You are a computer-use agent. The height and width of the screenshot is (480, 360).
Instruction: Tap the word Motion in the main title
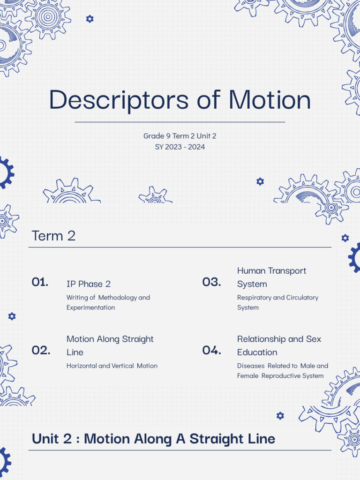[270, 100]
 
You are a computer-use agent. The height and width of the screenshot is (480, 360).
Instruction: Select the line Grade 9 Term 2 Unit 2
[180, 136]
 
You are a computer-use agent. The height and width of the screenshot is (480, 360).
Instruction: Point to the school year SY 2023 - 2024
[180, 147]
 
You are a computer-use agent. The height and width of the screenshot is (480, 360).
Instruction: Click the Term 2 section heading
[53, 236]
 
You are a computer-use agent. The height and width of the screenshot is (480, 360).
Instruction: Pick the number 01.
[40, 282]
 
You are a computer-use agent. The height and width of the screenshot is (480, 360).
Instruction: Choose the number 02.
[41, 350]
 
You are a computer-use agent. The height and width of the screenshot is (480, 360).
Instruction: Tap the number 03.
[212, 282]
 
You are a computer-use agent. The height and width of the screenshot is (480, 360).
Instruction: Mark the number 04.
[212, 350]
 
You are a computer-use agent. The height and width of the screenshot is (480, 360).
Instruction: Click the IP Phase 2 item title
[89, 284]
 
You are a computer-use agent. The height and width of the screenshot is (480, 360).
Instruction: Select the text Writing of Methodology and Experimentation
[108, 302]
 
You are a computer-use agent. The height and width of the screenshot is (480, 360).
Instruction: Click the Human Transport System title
[271, 277]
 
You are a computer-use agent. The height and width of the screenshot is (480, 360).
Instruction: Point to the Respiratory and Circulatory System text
[277, 302]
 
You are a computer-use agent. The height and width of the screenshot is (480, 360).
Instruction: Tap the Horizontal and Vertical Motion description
[112, 366]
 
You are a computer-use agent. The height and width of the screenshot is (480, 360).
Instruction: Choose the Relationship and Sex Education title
[279, 345]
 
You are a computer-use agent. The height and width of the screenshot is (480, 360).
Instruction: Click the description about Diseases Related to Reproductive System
[282, 371]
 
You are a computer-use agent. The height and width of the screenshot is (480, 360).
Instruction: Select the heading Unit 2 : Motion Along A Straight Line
[153, 439]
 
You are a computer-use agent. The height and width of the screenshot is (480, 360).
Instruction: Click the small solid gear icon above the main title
[90, 19]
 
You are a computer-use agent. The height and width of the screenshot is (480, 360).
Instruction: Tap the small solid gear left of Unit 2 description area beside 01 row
[12, 316]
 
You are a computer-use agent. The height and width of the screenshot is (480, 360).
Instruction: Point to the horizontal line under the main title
[180, 122]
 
